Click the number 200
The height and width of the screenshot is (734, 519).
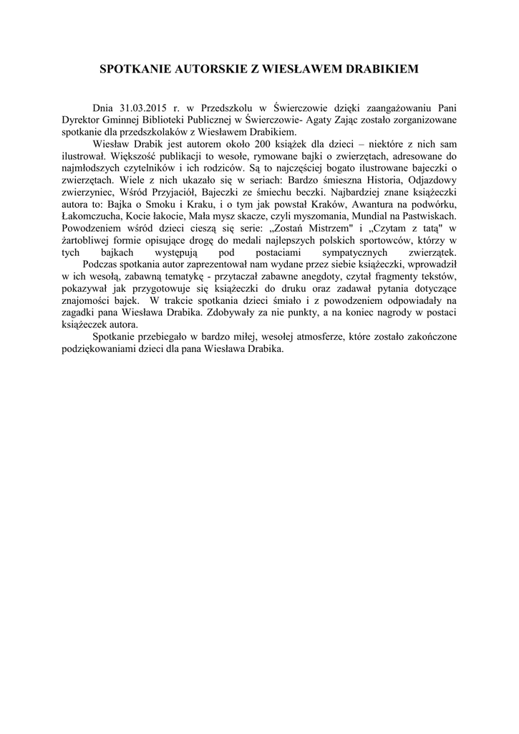click(255, 143)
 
